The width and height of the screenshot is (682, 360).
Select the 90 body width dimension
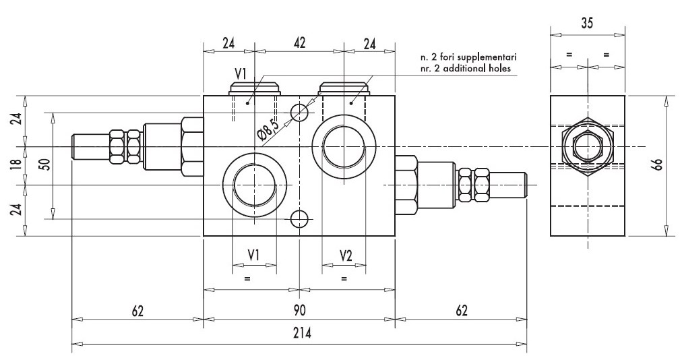[299, 311]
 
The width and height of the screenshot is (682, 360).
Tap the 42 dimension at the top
[300, 42]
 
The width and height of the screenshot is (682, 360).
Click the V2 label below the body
[345, 256]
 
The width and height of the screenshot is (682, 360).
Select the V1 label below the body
[254, 256]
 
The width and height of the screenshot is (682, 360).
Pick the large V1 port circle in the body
[253, 184]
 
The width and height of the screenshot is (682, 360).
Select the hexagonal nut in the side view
[587, 146]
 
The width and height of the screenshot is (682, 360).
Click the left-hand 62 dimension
[137, 311]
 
